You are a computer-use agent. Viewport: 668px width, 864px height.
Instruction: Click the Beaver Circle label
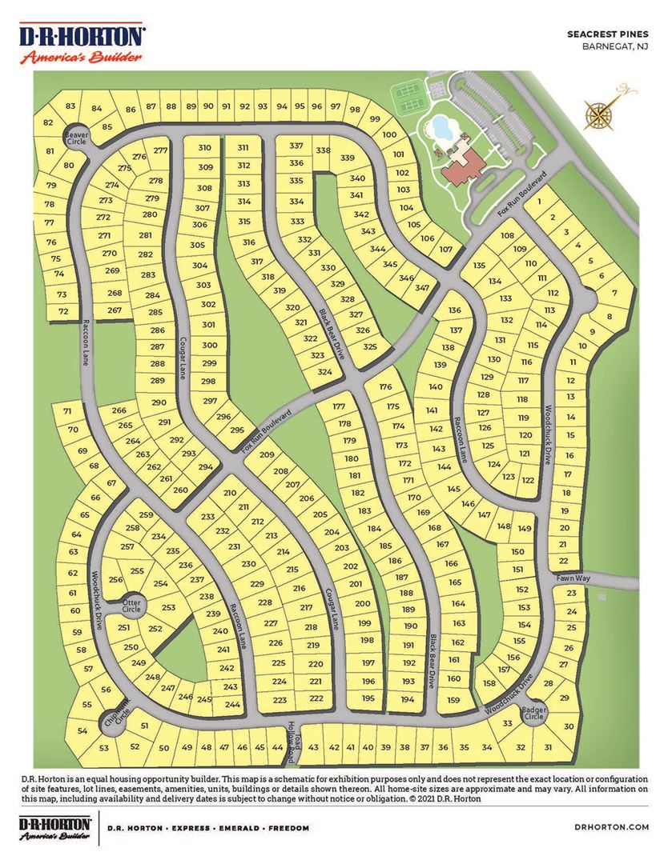[76, 138]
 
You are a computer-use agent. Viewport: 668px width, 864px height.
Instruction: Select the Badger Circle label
[534, 714]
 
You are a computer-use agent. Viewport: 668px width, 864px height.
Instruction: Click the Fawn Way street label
[573, 577]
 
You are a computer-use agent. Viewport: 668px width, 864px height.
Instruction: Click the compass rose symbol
[603, 111]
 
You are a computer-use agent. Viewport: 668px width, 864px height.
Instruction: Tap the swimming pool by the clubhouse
[440, 126]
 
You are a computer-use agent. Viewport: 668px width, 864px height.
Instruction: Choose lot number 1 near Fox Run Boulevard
[541, 202]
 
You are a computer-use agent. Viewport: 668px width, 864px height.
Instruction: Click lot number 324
[324, 372]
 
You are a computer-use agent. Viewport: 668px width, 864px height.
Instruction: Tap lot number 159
[454, 700]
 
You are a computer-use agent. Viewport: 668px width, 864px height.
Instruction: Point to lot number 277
[160, 150]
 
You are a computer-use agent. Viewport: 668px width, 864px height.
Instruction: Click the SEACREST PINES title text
[607, 35]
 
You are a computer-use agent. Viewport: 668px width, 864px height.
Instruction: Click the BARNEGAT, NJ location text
[615, 47]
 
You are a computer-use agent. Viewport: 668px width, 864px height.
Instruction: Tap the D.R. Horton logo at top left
[82, 45]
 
